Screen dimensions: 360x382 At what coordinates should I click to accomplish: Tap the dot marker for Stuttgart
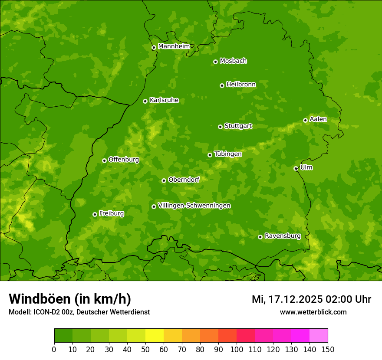click(220, 127)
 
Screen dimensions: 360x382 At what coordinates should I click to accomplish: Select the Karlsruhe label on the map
click(164, 100)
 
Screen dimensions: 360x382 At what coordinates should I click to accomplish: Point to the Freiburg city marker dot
click(95, 214)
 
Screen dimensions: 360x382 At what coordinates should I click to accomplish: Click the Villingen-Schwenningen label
click(194, 206)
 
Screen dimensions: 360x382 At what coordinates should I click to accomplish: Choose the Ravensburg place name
click(282, 236)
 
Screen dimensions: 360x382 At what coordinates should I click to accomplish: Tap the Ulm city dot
click(296, 168)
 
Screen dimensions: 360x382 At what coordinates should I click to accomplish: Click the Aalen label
click(318, 119)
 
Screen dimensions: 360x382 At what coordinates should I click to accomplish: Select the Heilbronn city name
click(241, 85)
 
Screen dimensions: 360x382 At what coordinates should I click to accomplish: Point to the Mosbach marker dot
click(215, 62)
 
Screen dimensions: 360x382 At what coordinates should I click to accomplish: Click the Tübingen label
click(227, 154)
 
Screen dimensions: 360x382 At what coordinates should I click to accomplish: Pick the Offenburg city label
click(123, 160)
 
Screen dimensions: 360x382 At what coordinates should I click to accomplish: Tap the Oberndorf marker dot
click(164, 180)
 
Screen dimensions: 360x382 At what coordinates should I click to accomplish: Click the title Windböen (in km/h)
click(69, 299)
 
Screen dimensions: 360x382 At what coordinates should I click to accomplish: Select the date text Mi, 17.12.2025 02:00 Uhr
click(311, 299)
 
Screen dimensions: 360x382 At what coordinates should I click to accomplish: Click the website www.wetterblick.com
click(313, 312)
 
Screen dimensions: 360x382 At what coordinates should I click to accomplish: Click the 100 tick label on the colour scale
click(237, 349)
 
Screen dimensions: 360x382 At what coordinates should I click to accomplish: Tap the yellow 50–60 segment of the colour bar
click(155, 336)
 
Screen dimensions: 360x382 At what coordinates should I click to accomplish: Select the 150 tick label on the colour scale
click(328, 349)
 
